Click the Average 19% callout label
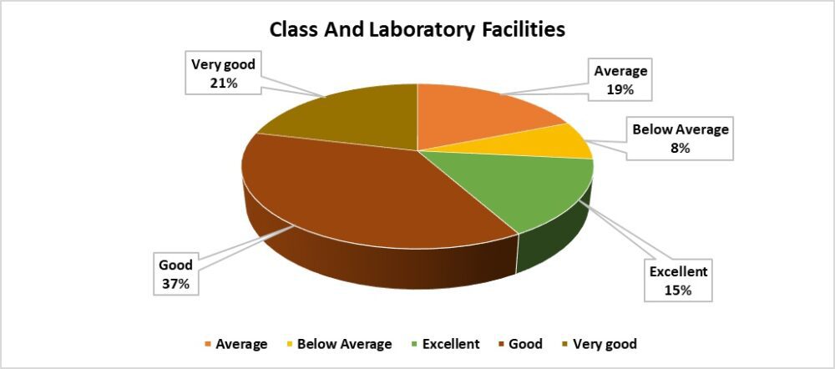click(620, 80)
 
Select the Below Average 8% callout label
click(680, 139)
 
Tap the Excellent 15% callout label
click(678, 281)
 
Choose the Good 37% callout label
click(175, 275)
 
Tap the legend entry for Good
click(521, 344)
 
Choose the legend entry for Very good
click(600, 344)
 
